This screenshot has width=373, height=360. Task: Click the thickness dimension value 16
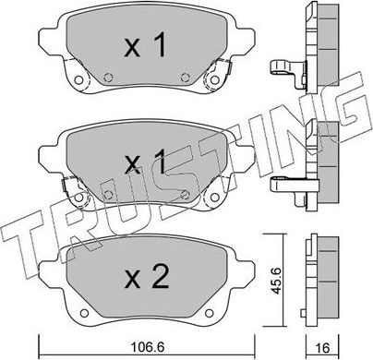(x=321, y=348)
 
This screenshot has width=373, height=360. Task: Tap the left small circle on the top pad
(x=109, y=78)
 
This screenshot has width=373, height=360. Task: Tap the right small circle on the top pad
(x=186, y=78)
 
